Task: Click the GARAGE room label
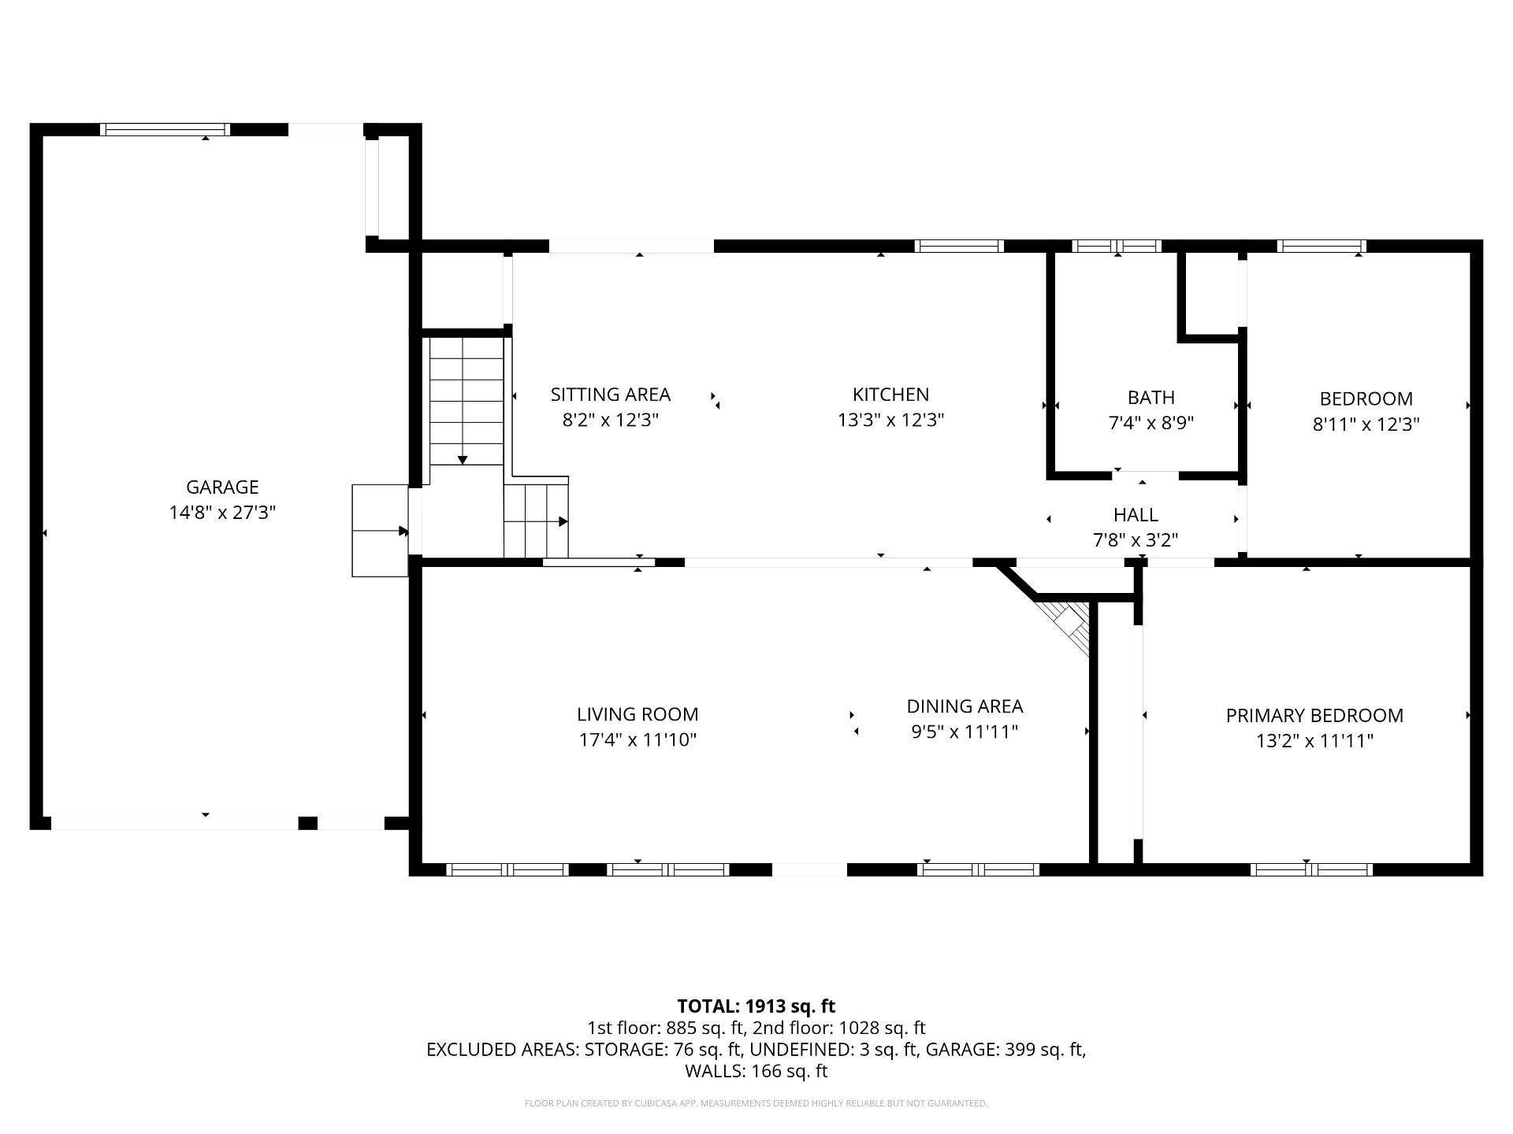(x=222, y=487)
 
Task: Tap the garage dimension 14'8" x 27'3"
(x=222, y=513)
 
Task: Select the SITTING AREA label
(x=611, y=395)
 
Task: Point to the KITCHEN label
(x=890, y=395)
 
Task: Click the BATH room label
(x=1151, y=398)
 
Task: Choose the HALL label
(x=1136, y=515)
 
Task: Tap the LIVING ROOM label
(x=638, y=714)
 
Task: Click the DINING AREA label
(x=965, y=706)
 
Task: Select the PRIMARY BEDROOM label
(x=1314, y=716)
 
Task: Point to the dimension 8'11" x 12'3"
(x=1366, y=424)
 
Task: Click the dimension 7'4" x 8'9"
(x=1151, y=424)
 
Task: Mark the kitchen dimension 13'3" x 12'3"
(x=890, y=421)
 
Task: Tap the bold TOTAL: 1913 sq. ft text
(x=756, y=1006)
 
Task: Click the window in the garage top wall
(x=165, y=130)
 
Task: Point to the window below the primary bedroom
(x=1311, y=869)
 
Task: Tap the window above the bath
(x=1117, y=246)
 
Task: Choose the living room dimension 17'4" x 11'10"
(x=638, y=740)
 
